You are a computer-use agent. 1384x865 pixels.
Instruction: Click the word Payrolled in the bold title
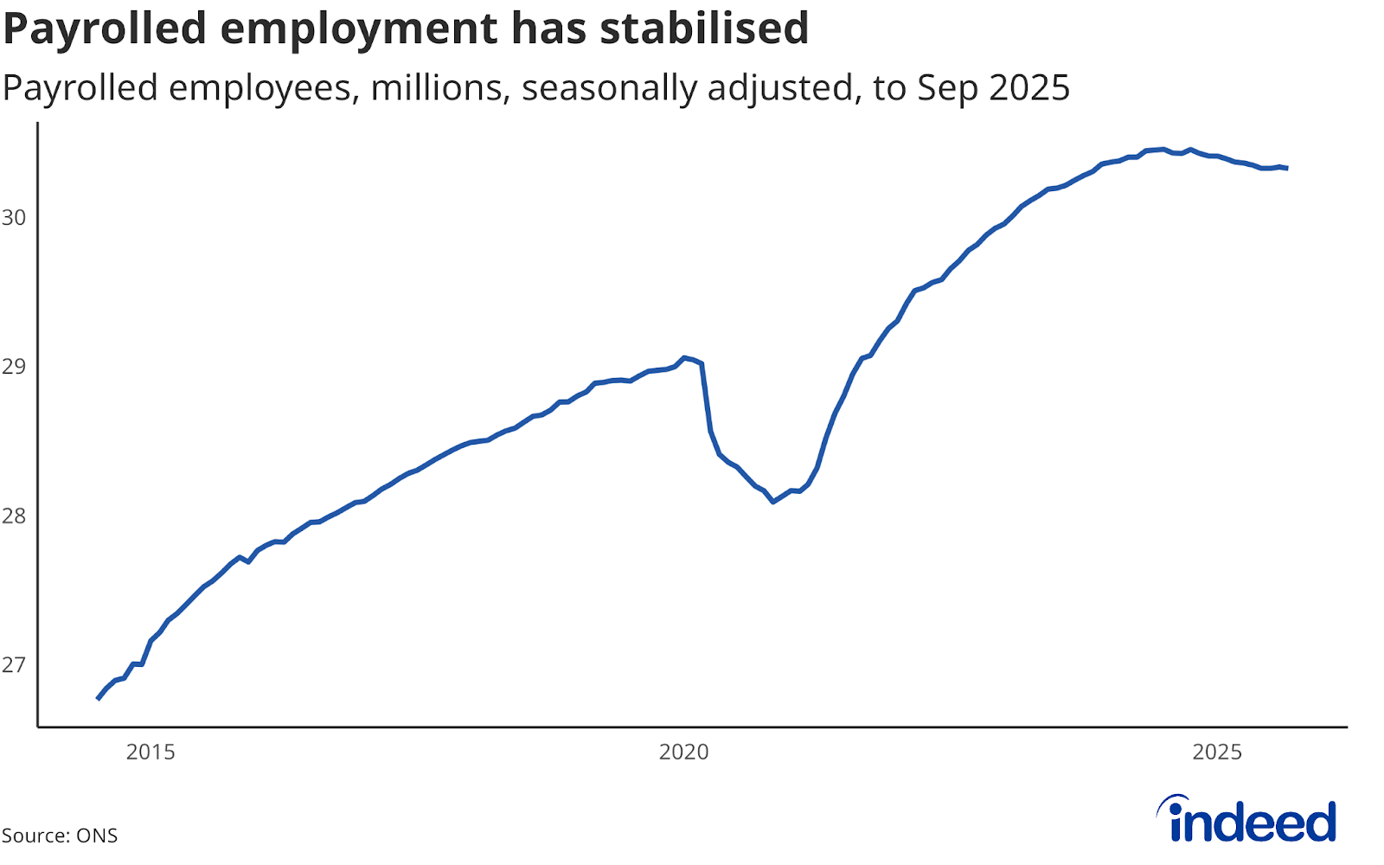105,29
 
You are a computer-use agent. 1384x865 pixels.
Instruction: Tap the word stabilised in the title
704,28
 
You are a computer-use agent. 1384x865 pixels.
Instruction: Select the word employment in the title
359,29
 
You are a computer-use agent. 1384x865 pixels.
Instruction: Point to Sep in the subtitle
948,88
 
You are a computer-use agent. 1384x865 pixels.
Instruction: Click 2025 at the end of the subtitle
1029,88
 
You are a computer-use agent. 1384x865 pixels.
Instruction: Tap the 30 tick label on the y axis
14,218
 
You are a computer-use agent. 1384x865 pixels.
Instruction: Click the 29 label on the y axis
14,367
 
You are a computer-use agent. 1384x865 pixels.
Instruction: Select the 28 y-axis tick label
14,516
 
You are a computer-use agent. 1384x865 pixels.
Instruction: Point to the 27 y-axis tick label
14,665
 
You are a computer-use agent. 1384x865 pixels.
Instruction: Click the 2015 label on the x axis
151,753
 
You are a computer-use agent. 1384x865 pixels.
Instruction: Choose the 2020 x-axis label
683,753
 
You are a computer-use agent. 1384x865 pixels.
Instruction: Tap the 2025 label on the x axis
1217,753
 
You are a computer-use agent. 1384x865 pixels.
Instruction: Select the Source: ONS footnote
59,836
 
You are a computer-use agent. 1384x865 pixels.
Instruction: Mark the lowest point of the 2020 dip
773,502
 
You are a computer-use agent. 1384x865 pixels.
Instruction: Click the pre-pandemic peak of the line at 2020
684,357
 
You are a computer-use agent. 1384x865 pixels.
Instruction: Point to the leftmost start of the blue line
98,698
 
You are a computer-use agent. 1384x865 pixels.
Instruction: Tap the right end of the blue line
1287,168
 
